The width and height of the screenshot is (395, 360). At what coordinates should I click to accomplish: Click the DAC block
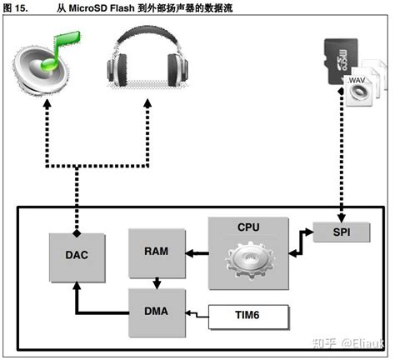coord(77,257)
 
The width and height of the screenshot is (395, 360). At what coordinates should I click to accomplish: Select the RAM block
coord(157,253)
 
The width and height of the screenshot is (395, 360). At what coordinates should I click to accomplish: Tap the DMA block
coord(157,312)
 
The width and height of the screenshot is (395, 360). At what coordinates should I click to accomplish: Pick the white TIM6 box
coord(249,317)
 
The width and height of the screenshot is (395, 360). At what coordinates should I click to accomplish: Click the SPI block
coord(342,232)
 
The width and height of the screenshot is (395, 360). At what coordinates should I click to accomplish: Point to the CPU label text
coord(248,227)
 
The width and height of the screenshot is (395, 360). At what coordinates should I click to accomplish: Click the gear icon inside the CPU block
coord(249,260)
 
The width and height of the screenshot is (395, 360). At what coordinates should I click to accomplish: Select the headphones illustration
coord(147,57)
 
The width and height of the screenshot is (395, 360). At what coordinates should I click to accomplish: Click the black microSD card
coord(341,61)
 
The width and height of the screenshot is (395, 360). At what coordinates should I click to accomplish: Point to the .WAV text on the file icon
coord(357,80)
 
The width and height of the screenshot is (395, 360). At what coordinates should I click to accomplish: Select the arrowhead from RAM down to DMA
coord(157,284)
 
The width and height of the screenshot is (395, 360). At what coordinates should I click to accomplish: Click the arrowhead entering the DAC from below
coord(77,286)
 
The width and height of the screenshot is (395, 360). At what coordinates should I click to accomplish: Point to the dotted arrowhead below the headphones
coord(147,103)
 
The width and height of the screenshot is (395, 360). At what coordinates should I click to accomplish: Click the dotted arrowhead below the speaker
coord(47,104)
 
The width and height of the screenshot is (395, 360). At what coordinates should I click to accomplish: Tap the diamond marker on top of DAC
coord(77,233)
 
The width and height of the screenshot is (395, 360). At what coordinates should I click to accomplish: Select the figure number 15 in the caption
coord(20,8)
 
